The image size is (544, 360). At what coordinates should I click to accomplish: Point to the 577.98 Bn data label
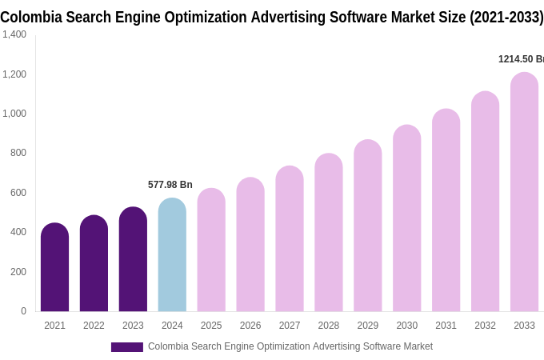point(170,185)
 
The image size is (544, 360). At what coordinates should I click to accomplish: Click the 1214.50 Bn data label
point(521,59)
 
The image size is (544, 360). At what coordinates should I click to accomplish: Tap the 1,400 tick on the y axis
point(14,34)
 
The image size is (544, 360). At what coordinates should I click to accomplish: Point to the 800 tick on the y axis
point(18,153)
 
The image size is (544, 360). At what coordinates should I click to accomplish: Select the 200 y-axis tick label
point(18,272)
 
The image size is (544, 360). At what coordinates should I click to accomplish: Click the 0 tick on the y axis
point(23,311)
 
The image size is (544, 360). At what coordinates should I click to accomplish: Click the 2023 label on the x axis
point(133,326)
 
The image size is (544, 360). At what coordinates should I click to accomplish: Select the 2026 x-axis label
point(250,326)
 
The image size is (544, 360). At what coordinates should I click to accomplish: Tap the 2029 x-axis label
point(368,326)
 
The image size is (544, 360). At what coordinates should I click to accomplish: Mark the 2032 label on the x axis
point(485,326)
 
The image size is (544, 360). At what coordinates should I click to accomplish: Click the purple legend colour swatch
point(126,347)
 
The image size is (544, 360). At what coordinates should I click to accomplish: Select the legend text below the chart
point(290,346)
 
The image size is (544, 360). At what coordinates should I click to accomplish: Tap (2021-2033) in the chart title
point(506,17)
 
